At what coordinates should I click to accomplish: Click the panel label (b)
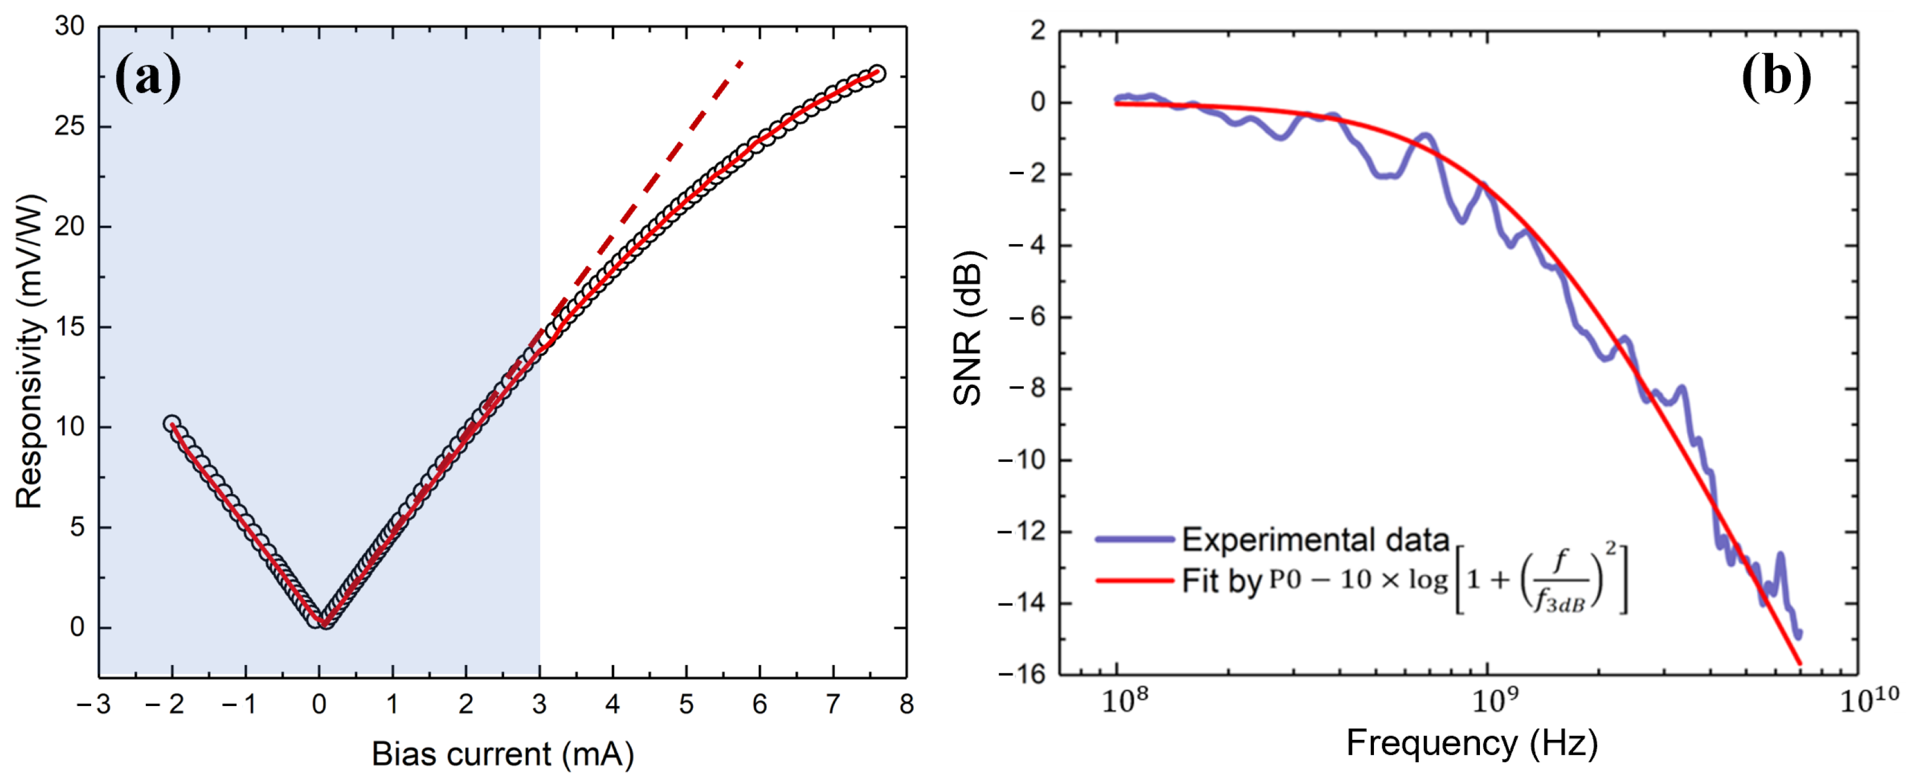(1776, 75)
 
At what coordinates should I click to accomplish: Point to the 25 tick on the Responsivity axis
(70, 126)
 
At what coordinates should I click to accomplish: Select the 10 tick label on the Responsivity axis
(70, 427)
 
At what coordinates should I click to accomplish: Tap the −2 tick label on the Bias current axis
(165, 704)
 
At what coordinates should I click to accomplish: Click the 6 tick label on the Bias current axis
(759, 704)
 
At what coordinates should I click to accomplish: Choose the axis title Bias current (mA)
(502, 754)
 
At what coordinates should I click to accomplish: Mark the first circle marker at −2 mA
(172, 423)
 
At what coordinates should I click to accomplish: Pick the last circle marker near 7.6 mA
(876, 73)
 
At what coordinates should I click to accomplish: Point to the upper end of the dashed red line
(741, 62)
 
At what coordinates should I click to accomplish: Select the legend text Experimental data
(1315, 540)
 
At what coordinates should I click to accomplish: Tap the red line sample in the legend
(1134, 579)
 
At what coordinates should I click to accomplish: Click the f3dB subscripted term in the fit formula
(1560, 599)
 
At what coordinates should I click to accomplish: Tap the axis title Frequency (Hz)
(1471, 742)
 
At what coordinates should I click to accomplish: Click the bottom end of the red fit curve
(1800, 663)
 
